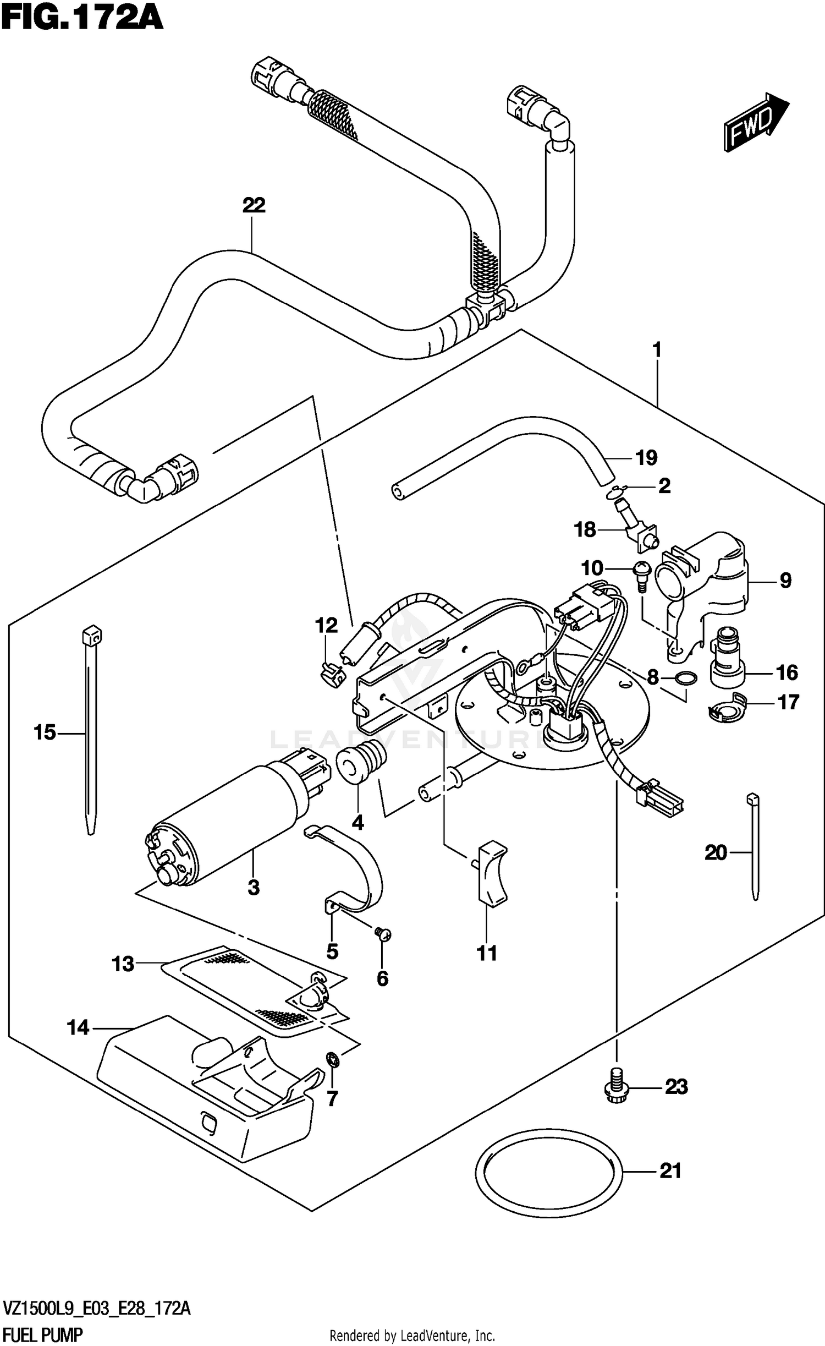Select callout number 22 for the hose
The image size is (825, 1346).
pyautogui.click(x=254, y=205)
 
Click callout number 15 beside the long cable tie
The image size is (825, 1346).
pyautogui.click(x=45, y=732)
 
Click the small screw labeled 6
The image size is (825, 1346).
pyautogui.click(x=383, y=932)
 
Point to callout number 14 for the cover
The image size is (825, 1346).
pyautogui.click(x=78, y=1027)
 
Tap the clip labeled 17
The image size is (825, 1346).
pyautogui.click(x=725, y=710)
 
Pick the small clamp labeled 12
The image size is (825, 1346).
pyautogui.click(x=331, y=673)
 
